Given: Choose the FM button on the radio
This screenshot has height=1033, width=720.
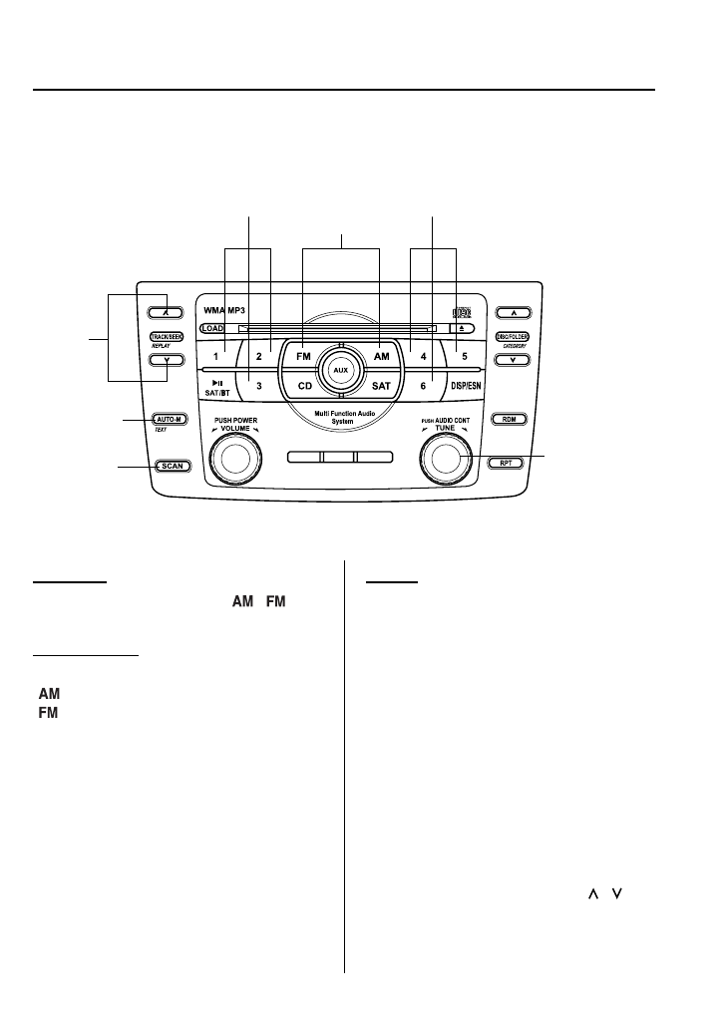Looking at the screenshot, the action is pos(303,355).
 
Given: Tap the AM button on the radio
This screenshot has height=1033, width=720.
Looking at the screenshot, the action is pos(380,355).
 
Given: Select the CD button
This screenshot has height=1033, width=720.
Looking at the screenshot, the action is pos(303,385).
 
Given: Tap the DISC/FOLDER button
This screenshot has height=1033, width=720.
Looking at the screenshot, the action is pos(513,337).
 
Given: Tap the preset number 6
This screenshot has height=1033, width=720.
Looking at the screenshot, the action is pos(423,385).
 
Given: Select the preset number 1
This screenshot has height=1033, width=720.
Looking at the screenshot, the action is pos(215,355).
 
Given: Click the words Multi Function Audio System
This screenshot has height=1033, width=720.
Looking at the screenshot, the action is pos(341,417).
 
